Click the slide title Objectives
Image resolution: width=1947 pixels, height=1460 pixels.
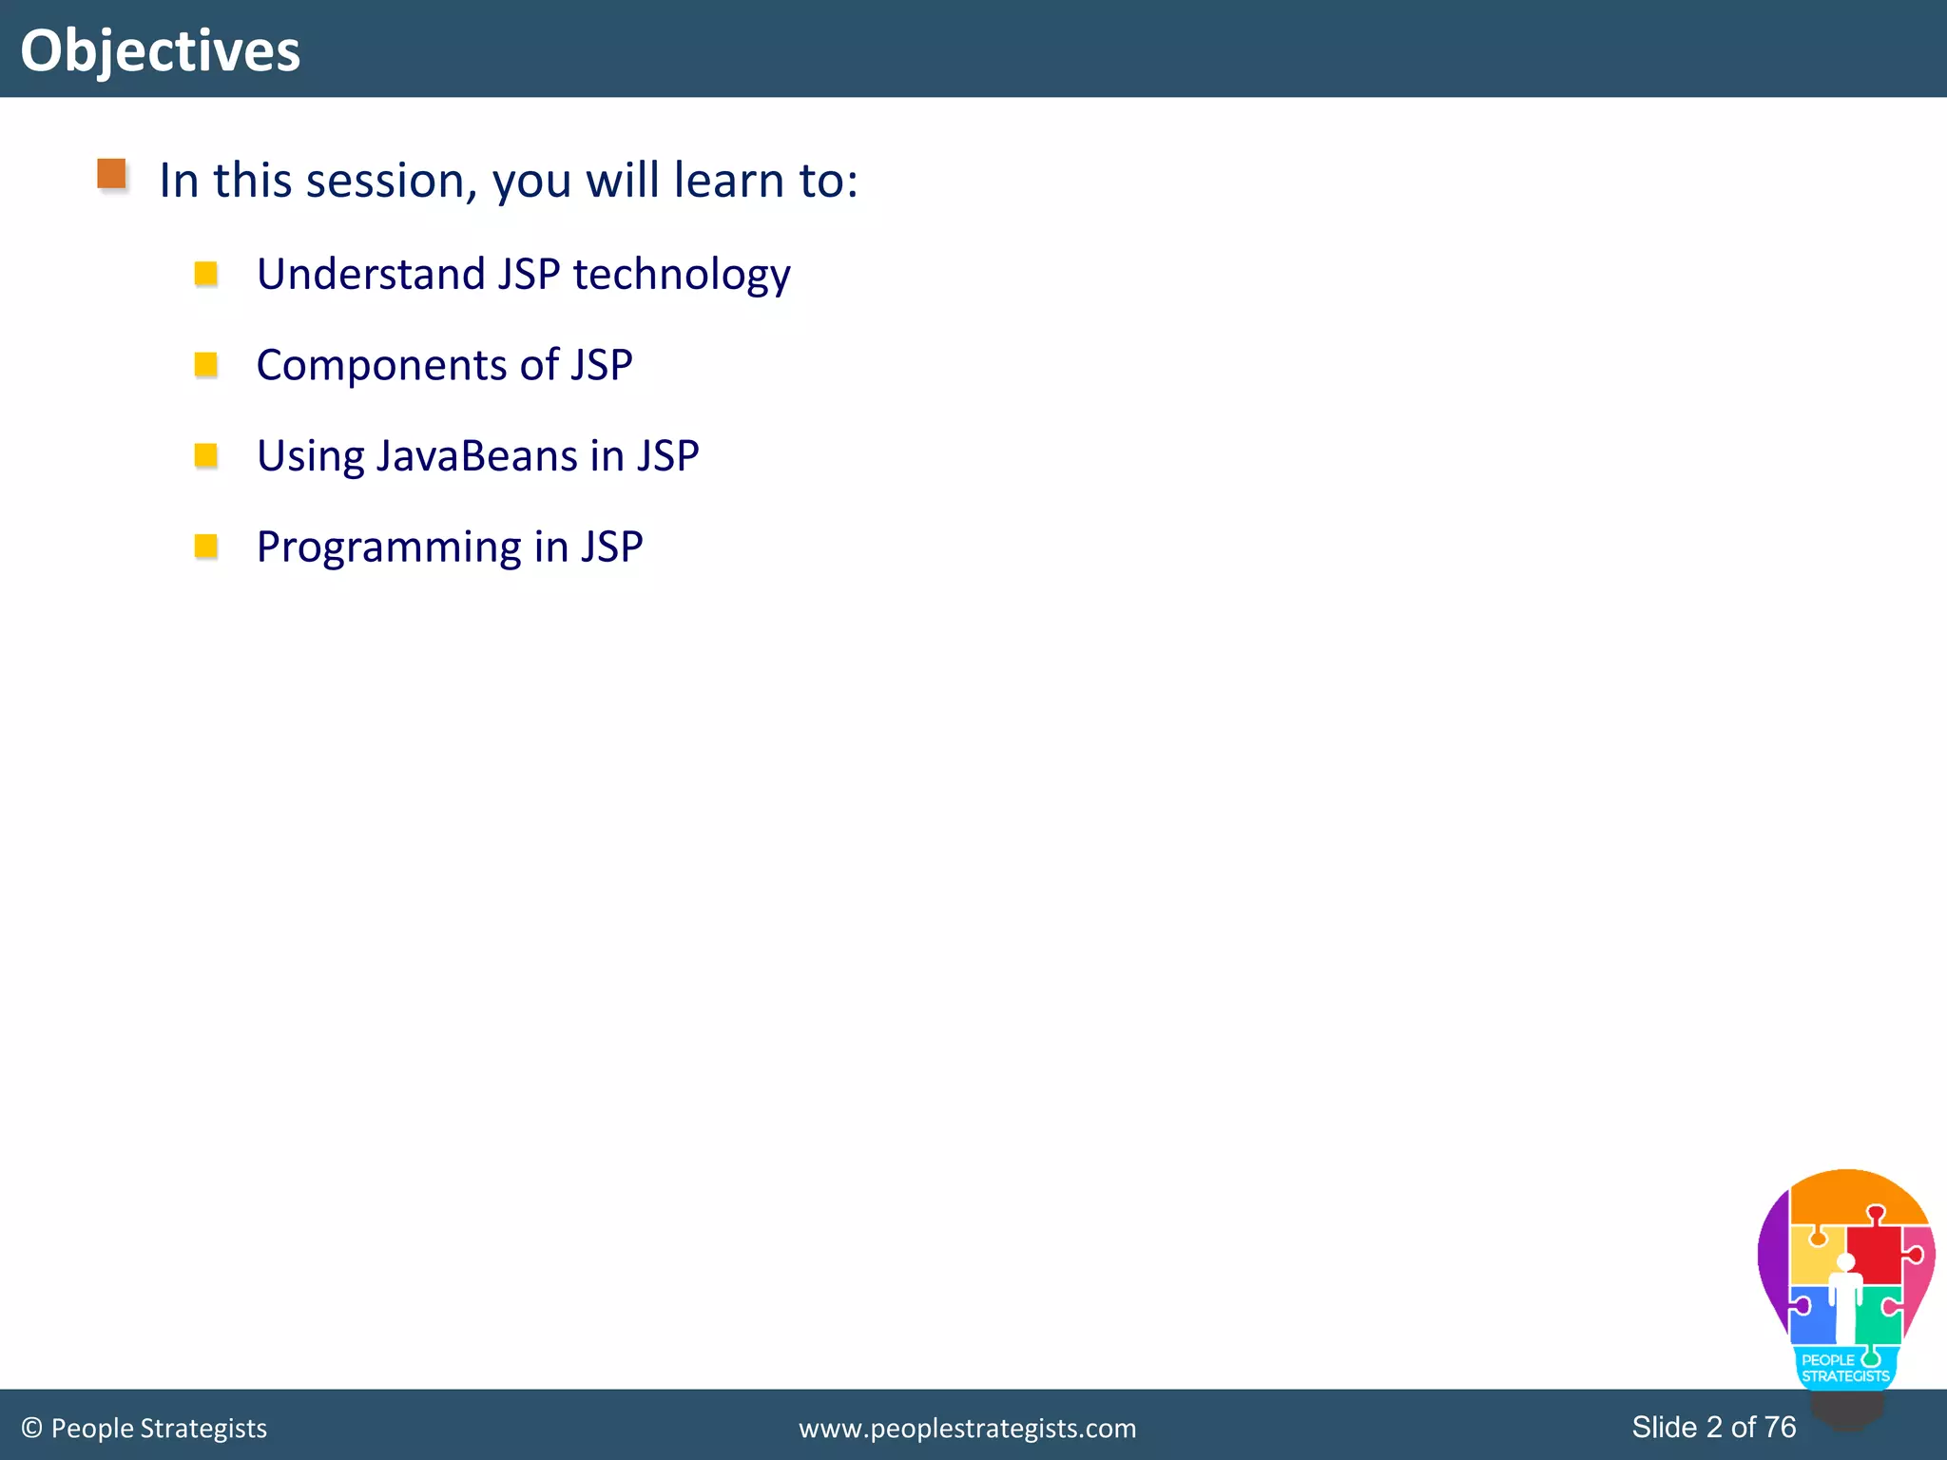pos(160,50)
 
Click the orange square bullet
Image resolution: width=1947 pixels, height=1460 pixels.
pos(112,174)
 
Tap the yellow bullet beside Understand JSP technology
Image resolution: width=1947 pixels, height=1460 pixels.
pos(205,274)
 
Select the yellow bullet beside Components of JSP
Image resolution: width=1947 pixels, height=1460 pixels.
pos(205,364)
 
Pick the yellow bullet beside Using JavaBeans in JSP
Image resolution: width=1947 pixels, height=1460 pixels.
pos(205,455)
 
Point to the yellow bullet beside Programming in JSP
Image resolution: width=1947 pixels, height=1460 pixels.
pos(205,547)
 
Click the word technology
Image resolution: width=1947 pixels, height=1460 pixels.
pos(681,276)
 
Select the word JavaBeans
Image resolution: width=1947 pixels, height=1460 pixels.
pos(476,455)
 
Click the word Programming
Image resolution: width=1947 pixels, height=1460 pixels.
pos(389,548)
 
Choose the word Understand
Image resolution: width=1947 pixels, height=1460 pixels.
pos(371,274)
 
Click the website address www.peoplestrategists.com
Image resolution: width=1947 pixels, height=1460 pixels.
pos(967,1428)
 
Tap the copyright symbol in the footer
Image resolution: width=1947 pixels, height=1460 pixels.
pos(31,1428)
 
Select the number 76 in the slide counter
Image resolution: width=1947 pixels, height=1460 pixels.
pos(1780,1427)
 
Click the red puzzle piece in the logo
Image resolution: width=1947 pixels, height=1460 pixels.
pos(1874,1253)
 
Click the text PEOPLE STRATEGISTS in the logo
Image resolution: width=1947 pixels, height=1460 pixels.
pos(1844,1368)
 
